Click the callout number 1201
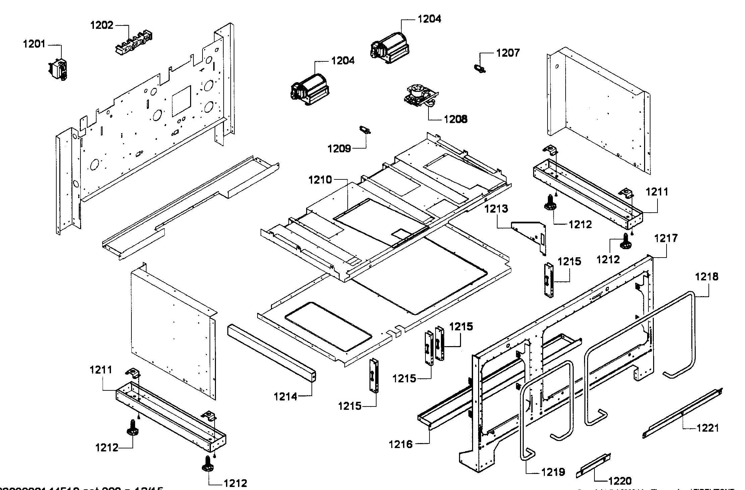(x=34, y=44)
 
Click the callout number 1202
(x=102, y=25)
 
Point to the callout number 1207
(x=508, y=53)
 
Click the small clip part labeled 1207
(x=480, y=68)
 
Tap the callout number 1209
(x=339, y=148)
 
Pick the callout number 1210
(x=320, y=180)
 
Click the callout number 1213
(x=496, y=209)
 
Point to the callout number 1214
(x=285, y=397)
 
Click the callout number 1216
(x=400, y=444)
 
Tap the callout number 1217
(x=666, y=238)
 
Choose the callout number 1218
(x=706, y=277)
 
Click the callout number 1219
(x=553, y=472)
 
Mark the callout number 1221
(x=707, y=428)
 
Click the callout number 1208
(x=455, y=119)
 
